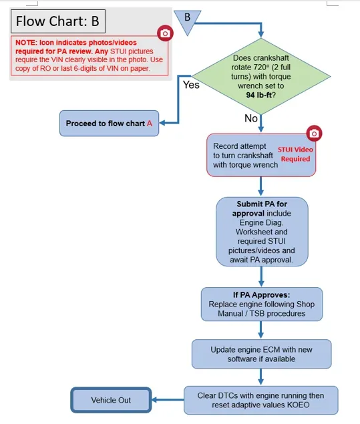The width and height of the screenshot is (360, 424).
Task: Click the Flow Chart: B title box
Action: coord(58,21)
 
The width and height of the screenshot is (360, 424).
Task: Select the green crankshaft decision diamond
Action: coord(260,76)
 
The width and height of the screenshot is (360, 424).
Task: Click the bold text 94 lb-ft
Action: coord(259,95)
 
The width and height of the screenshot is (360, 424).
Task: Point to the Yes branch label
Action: coord(191,85)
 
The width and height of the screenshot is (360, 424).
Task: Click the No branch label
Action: coord(250,118)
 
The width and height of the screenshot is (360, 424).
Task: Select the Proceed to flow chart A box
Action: coord(110,124)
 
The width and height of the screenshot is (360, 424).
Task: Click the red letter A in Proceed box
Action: coord(150,124)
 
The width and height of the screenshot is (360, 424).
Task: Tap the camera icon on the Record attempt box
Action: coord(314,134)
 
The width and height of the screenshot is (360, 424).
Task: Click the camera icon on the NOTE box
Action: coord(165,33)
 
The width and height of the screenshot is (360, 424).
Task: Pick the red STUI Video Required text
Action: coord(295,154)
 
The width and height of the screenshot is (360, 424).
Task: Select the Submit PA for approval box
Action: coord(262,232)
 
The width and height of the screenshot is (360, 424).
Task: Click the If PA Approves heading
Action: coord(261,294)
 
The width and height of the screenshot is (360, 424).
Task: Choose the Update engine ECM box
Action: coord(262,355)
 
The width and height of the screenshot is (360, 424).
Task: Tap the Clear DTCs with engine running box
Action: coord(261,400)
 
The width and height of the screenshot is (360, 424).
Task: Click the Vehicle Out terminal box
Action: coord(111,400)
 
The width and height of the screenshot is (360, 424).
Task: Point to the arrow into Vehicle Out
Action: coord(168,400)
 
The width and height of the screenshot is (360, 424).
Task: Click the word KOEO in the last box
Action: coord(298,405)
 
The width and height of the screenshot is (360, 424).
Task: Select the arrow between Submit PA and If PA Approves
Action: coord(261,276)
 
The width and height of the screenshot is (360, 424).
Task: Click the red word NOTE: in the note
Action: coord(26,43)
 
